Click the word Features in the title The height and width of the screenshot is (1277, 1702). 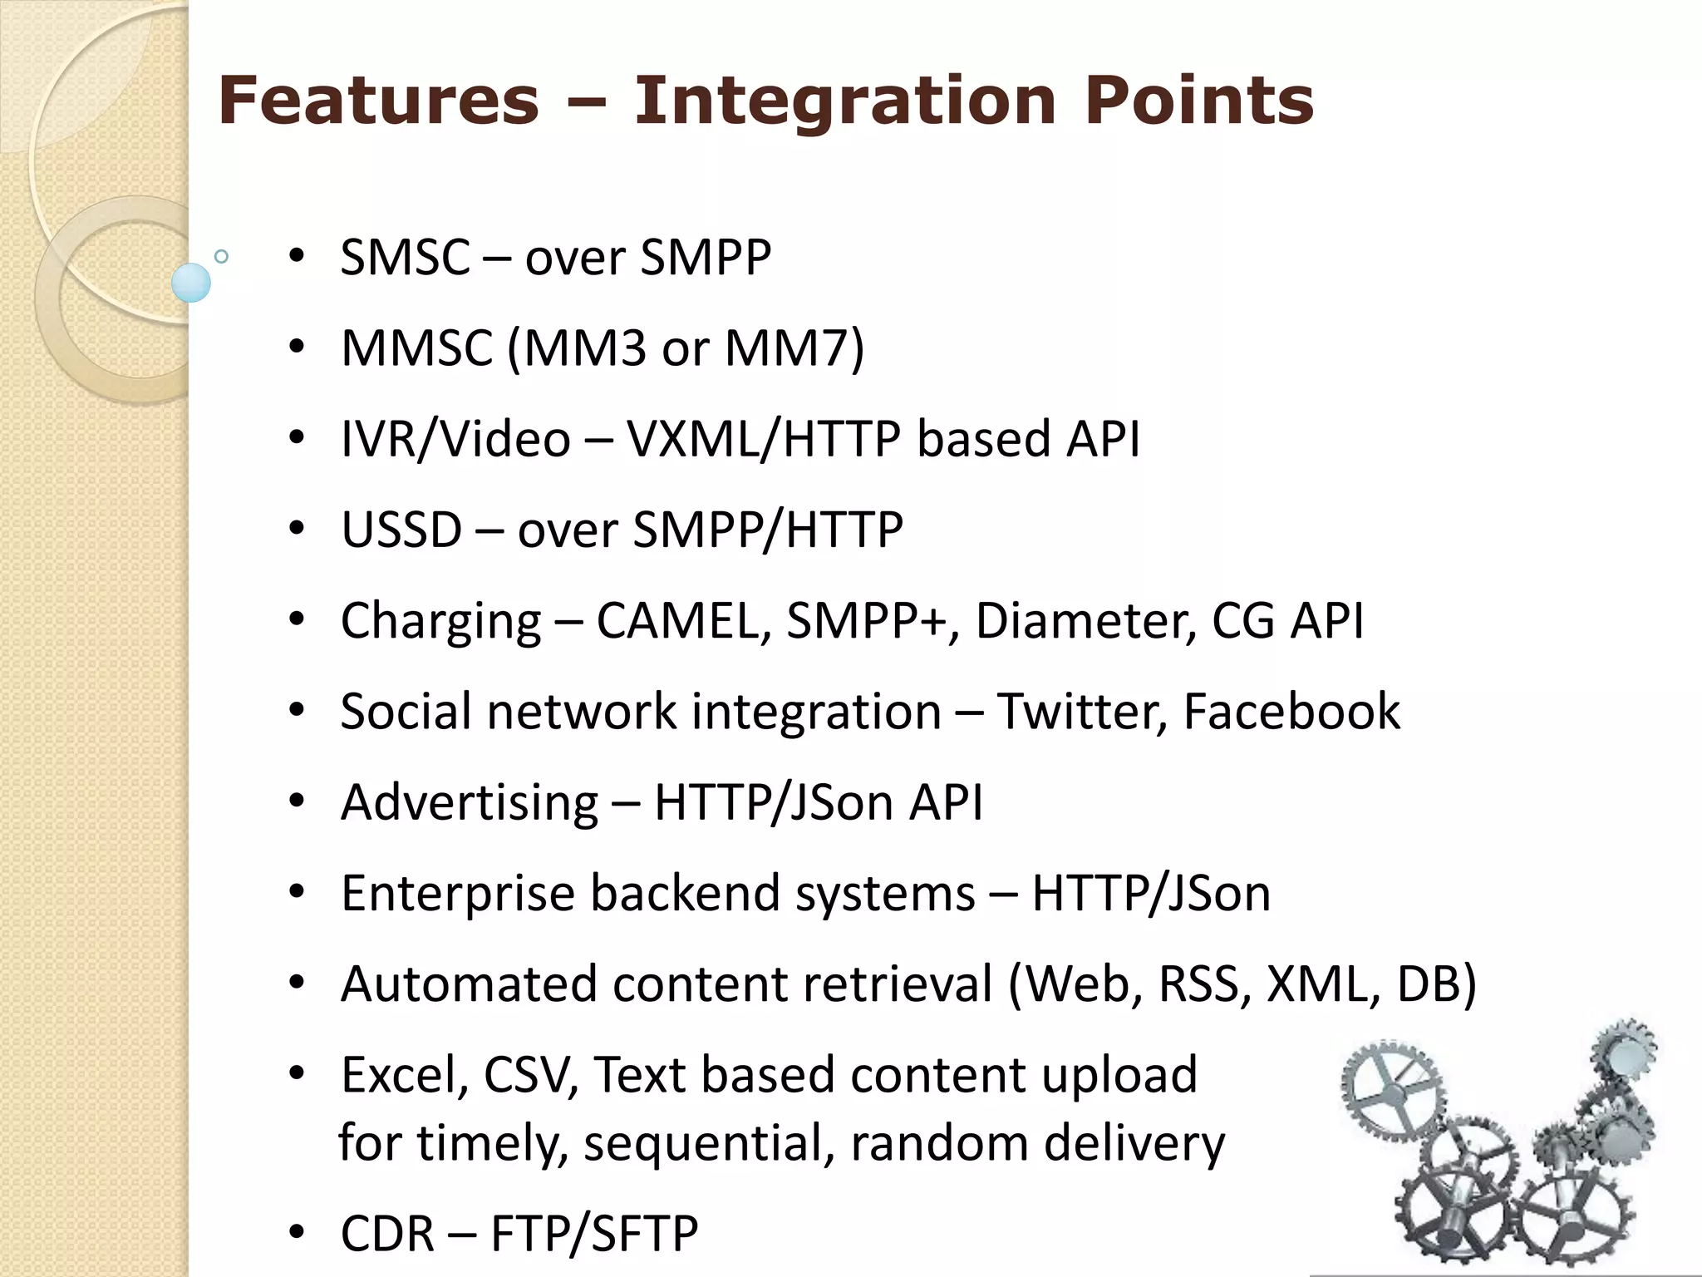coord(378,101)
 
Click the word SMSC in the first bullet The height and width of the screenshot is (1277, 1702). coord(406,257)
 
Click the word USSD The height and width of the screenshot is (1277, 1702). coord(401,530)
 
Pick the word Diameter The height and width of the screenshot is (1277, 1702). coord(1085,620)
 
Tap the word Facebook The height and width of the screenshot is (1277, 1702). coord(1291,712)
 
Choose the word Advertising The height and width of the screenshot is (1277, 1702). coord(470,803)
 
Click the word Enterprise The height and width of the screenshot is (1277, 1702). coord(458,895)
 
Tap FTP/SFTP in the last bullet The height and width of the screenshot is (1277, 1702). coord(594,1233)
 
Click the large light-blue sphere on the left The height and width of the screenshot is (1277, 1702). coord(191,283)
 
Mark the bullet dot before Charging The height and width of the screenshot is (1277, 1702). coord(297,620)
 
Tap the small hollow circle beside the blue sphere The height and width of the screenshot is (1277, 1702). coord(221,257)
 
